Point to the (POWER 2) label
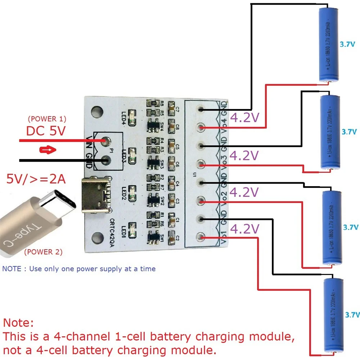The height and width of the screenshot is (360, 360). [43, 252]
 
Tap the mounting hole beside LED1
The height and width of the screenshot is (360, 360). [97, 237]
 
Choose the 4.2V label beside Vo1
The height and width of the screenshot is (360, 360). [245, 229]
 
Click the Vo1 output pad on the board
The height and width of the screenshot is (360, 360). [201, 237]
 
